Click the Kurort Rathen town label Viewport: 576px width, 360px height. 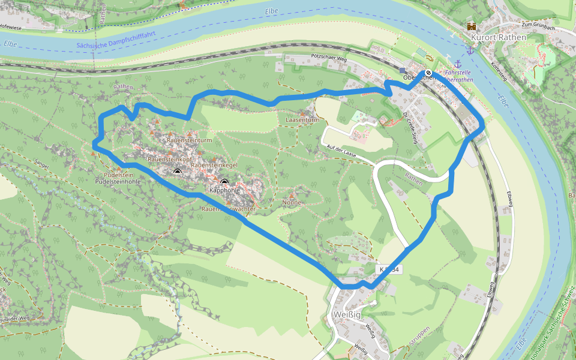coord(499,37)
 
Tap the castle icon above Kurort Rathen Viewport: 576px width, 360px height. coord(472,26)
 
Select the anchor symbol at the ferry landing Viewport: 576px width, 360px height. coord(458,63)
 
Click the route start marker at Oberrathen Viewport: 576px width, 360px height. coord(428,72)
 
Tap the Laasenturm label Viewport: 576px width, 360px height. coord(302,120)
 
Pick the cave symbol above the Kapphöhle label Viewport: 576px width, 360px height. coord(224,182)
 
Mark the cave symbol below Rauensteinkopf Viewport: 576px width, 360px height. coord(177,172)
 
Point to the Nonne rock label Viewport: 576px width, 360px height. coord(292,203)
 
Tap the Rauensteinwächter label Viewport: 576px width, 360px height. coord(228,209)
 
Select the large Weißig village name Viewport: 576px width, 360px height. coord(346,316)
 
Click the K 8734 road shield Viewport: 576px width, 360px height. coord(389,269)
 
